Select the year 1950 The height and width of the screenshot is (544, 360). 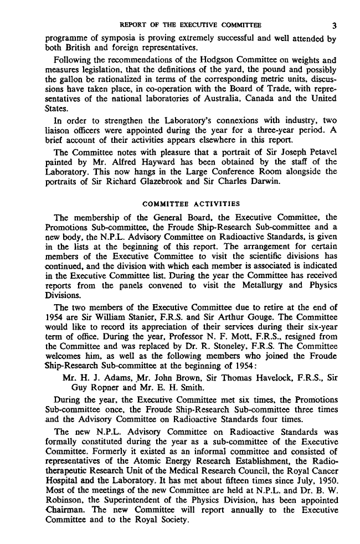point(326,479)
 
